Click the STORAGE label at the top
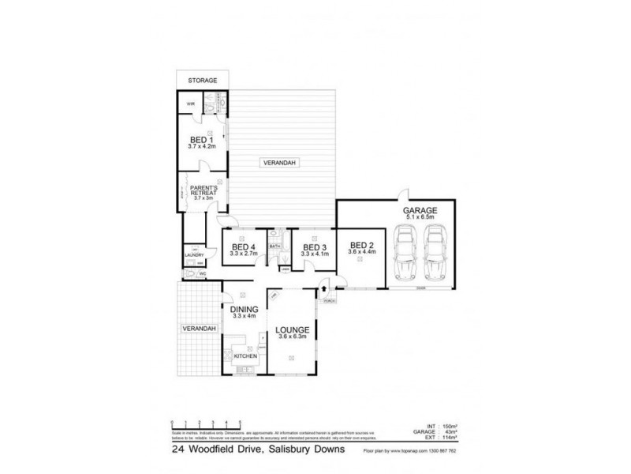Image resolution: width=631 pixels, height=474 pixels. pyautogui.click(x=202, y=81)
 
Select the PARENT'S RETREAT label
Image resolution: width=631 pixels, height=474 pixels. pyautogui.click(x=203, y=190)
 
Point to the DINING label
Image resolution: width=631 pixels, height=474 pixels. pyautogui.click(x=245, y=310)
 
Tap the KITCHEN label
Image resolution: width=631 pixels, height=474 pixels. pyautogui.click(x=245, y=356)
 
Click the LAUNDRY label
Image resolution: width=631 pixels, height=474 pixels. pyautogui.click(x=194, y=255)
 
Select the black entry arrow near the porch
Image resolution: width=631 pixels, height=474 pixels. pyautogui.click(x=324, y=290)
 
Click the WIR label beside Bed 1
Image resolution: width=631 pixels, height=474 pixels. pyautogui.click(x=190, y=103)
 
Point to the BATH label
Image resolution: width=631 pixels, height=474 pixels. pyautogui.click(x=274, y=246)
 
